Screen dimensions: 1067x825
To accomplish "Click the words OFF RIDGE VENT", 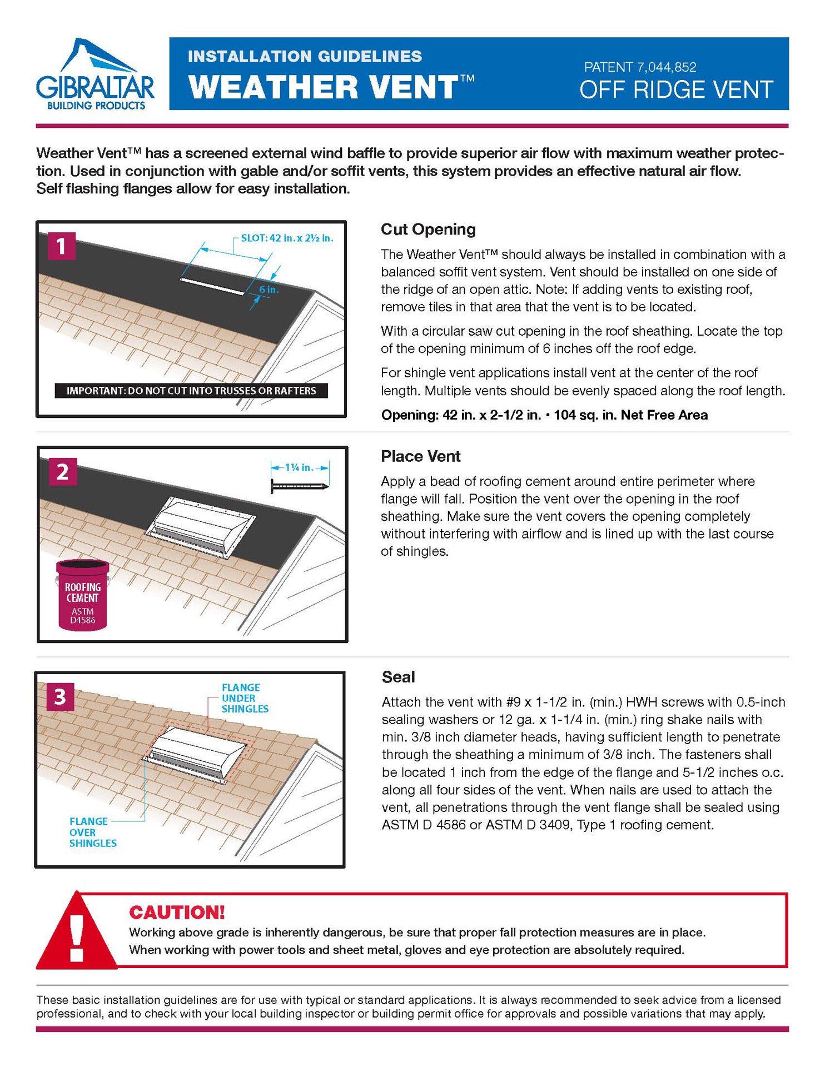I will click(675, 90).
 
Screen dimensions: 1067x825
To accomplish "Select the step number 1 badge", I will click(61, 246).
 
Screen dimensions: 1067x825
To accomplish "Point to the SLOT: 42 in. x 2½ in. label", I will click(287, 238).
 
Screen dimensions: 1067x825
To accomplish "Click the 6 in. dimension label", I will click(269, 290).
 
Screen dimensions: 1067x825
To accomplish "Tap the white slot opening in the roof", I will click(212, 286).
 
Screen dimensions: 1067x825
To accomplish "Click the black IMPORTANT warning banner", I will click(191, 391).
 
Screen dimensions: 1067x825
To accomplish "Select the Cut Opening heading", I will click(428, 230).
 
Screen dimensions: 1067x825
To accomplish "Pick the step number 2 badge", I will click(62, 471).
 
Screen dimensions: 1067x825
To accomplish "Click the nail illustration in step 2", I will click(299, 487).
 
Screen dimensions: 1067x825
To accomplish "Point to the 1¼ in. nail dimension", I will click(299, 467).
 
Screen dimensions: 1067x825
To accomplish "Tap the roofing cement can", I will click(82, 596).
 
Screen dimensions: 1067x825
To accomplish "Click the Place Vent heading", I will click(420, 456).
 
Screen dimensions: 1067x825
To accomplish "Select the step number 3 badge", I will click(60, 696).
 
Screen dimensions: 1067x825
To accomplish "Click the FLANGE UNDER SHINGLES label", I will click(244, 698).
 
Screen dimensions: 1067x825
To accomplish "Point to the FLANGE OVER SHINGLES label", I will click(92, 832).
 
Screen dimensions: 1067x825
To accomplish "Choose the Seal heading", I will click(398, 677).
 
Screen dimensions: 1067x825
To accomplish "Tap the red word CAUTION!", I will click(177, 912).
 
